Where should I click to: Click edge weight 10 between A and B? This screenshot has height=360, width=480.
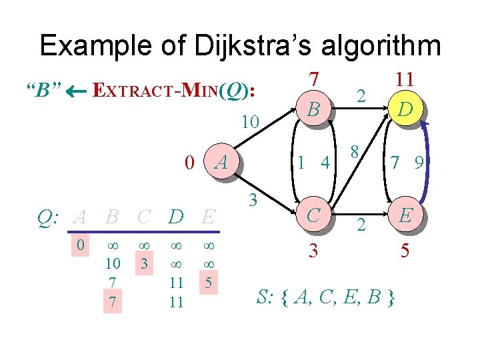point(249,123)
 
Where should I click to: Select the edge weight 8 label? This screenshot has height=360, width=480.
point(357,151)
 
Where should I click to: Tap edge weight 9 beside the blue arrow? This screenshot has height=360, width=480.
point(419,161)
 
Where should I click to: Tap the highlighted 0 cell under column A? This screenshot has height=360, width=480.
point(80,245)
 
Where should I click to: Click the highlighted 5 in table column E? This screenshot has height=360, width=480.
point(209,283)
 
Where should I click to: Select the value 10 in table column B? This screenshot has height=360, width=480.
point(113,263)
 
